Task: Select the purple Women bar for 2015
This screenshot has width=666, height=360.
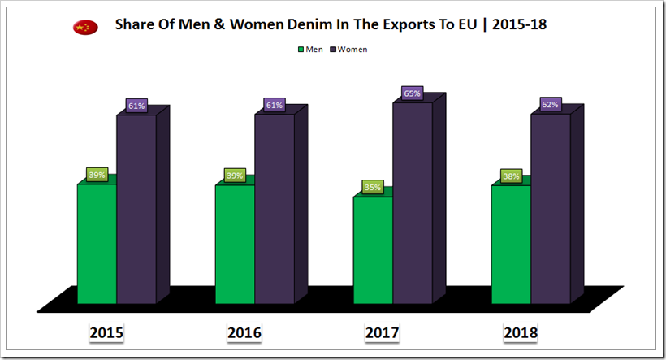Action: point(136,211)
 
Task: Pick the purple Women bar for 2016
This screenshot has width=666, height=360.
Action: point(275,211)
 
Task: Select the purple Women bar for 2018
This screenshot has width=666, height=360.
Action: point(551,211)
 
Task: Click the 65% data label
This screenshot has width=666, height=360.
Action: point(412,93)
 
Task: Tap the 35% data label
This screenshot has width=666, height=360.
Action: point(373,187)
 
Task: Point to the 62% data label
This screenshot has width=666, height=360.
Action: point(551,104)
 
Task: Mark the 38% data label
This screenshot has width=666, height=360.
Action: point(511,176)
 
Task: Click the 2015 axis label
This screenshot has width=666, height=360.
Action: point(106,332)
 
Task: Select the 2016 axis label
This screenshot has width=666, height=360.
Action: point(244,332)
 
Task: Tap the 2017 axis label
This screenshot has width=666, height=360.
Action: point(382,332)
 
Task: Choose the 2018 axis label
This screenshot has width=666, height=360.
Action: point(520,332)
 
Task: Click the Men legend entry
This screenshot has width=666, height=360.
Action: point(312,50)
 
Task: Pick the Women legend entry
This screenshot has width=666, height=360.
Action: point(349,50)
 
